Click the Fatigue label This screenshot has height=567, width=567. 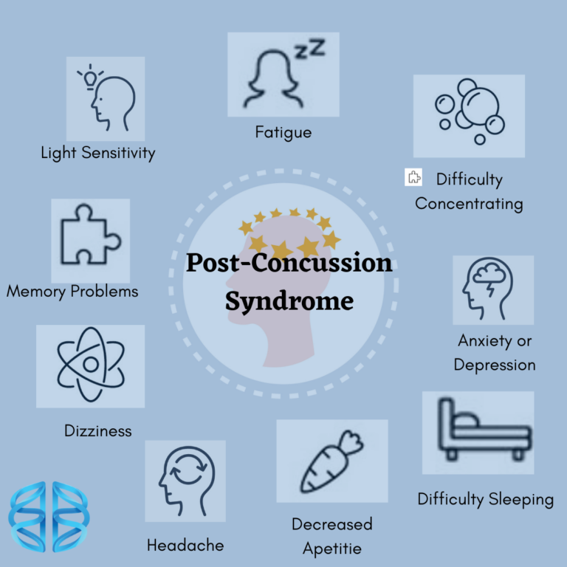pyautogui.click(x=283, y=133)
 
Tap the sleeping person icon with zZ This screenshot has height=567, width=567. pyautogui.click(x=283, y=74)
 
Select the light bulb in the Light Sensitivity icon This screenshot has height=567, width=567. pyautogui.click(x=91, y=75)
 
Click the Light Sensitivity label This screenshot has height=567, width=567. pyautogui.click(x=98, y=154)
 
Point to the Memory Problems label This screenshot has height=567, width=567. pyautogui.click(x=72, y=291)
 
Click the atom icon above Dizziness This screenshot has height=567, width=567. pyautogui.click(x=90, y=365)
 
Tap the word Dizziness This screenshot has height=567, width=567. pyautogui.click(x=98, y=430)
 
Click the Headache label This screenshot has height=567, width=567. pyautogui.click(x=185, y=546)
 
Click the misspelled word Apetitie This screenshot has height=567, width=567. pyautogui.click(x=332, y=549)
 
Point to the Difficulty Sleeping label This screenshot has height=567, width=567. pyautogui.click(x=486, y=499)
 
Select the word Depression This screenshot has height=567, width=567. pyautogui.click(x=495, y=365)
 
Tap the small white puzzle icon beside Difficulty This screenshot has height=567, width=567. pyautogui.click(x=413, y=177)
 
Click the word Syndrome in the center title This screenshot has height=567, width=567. pyautogui.click(x=289, y=301)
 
